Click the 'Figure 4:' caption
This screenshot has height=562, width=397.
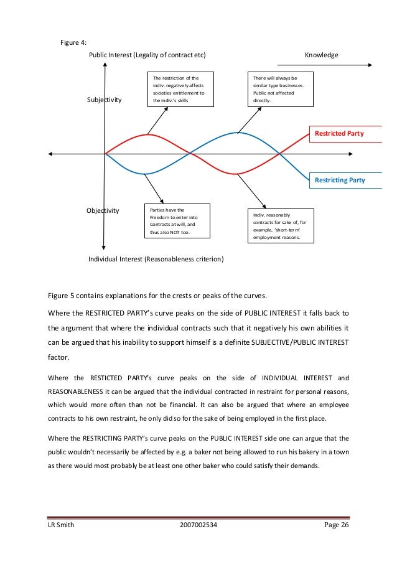click(73, 42)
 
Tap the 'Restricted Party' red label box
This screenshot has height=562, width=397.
click(339, 133)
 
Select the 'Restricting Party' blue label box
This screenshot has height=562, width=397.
click(339, 180)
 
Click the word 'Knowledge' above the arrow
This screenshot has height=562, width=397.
click(321, 55)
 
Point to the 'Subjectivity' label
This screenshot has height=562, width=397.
click(105, 100)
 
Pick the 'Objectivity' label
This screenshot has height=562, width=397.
click(103, 210)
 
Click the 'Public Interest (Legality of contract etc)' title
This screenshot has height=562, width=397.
click(147, 55)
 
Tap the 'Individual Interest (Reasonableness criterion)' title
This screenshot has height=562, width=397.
click(156, 258)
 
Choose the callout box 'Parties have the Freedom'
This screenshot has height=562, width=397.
click(176, 221)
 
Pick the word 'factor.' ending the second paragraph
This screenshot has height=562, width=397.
click(59, 358)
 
